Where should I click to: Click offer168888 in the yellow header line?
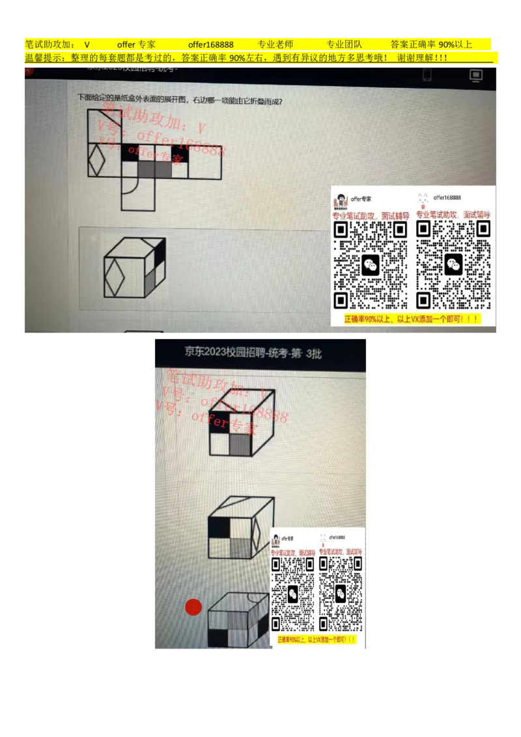(x=210, y=45)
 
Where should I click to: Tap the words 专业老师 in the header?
(x=275, y=45)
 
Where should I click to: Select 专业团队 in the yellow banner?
(x=343, y=45)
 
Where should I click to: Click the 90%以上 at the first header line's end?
(x=455, y=45)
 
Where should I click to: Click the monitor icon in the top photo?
(x=476, y=76)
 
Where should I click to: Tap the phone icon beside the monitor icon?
(x=427, y=76)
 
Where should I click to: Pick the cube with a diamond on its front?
(x=134, y=268)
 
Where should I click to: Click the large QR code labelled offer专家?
(x=370, y=264)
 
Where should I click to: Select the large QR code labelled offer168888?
(x=453, y=264)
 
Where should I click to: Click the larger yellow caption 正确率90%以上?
(x=413, y=320)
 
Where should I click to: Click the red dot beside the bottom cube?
(x=193, y=607)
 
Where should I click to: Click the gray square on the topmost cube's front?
(x=240, y=444)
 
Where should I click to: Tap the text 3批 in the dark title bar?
(x=314, y=354)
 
